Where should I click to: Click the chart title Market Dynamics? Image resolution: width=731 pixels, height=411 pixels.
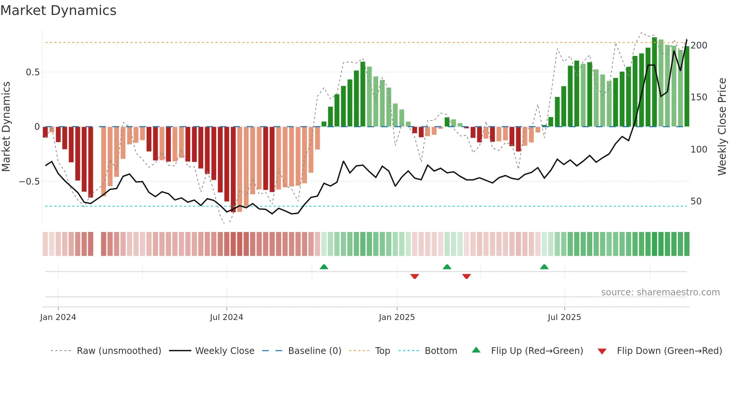pos(58,10)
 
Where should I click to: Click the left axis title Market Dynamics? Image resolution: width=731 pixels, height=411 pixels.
pos(6,126)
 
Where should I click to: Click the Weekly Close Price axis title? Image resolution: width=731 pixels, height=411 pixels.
pos(722,126)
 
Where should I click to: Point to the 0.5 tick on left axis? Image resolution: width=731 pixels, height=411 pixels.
pos(32,72)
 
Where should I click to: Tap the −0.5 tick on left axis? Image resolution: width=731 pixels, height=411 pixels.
pos(29,182)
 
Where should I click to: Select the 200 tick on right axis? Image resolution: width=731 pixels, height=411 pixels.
pos(699,46)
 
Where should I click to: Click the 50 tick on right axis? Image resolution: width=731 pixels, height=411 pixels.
pos(696,201)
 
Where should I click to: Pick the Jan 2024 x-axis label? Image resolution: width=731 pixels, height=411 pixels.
pos(58,317)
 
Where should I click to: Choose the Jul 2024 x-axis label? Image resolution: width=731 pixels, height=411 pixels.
pos(226,317)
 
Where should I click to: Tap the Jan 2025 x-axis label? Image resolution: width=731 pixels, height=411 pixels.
pos(396,317)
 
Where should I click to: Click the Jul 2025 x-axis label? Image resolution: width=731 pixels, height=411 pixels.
pos(564,317)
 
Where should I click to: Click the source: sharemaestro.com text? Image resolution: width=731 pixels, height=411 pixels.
pos(660,292)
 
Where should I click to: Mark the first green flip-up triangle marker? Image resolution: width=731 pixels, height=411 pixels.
pos(324,267)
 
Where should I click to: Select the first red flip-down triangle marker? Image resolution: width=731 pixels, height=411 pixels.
pos(414,276)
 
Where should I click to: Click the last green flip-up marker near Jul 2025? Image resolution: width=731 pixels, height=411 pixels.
pos(544,267)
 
